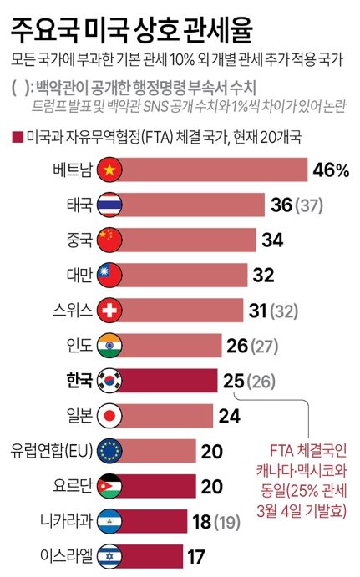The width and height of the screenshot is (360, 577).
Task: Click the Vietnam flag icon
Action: [x=110, y=170]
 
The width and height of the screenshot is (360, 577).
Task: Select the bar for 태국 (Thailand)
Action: [x=192, y=205]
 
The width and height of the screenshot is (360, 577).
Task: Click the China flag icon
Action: [x=110, y=240]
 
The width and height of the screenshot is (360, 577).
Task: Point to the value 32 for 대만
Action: [x=264, y=275]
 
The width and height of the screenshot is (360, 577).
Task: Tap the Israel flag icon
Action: [x=110, y=554]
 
